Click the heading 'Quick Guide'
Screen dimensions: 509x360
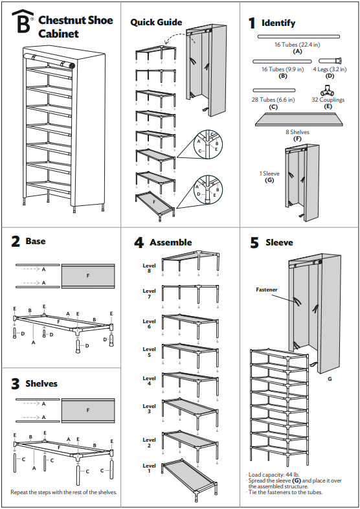coord(156,22)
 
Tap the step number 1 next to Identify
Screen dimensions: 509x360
coord(253,23)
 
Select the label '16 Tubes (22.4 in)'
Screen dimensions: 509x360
coord(297,44)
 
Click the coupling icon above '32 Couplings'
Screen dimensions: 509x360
coord(327,89)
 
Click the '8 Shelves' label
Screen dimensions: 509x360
coord(297,131)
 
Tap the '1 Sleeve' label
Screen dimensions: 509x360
coord(270,174)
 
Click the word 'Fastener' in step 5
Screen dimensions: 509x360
coord(267,290)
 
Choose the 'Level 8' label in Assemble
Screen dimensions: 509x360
coord(149,268)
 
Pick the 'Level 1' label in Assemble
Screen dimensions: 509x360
coord(149,468)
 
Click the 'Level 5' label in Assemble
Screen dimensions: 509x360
coord(149,352)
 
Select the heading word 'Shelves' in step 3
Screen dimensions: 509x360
coord(41,383)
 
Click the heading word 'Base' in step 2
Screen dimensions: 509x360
coord(36,241)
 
